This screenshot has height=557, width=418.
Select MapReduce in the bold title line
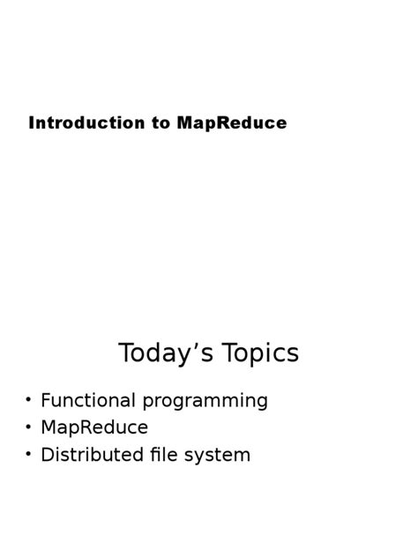(231, 123)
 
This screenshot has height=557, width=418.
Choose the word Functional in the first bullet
(87, 400)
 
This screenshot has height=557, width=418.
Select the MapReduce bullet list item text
(94, 428)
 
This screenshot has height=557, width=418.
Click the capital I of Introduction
(32, 123)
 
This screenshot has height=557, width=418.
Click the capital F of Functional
(46, 400)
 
